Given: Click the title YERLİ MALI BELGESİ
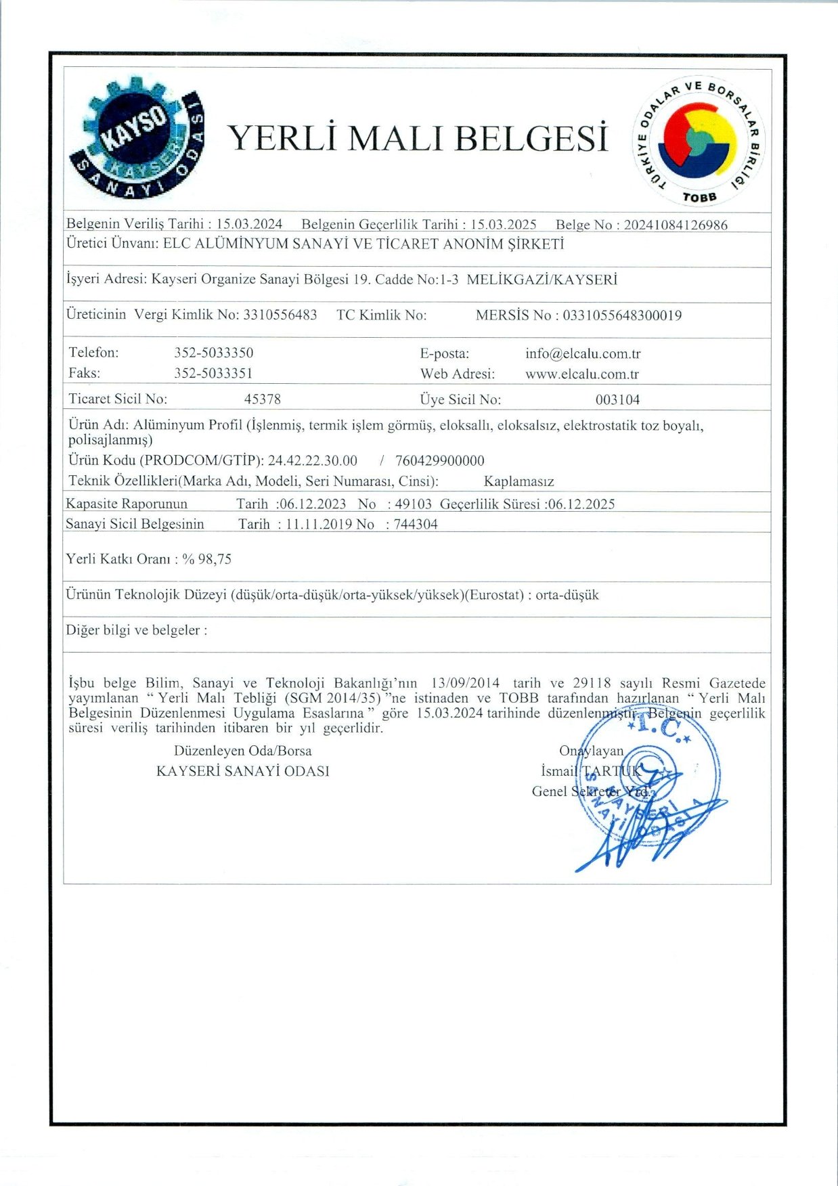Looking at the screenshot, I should [x=418, y=138].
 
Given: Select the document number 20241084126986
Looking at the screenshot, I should [x=676, y=225].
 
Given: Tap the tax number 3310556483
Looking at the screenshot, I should [x=280, y=315].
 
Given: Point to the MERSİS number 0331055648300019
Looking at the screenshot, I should [x=622, y=315].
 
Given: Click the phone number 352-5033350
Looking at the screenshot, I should [x=214, y=353].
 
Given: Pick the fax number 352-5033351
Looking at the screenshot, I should [x=214, y=373].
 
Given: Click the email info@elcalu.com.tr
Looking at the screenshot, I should [x=583, y=353].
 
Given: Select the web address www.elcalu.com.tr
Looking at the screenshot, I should [x=582, y=374].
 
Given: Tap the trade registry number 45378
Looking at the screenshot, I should [x=263, y=399].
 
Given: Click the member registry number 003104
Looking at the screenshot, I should [x=617, y=400].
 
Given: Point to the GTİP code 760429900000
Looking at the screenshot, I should [x=440, y=461].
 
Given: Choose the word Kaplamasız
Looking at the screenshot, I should [x=519, y=482].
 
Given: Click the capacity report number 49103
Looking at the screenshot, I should [x=414, y=504].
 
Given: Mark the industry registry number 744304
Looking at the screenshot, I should [x=416, y=525].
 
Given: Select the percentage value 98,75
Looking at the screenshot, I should [x=215, y=559].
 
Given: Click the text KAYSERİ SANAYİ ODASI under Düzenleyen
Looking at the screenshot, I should [x=242, y=771].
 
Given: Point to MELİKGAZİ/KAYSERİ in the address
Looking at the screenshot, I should [x=542, y=280].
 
